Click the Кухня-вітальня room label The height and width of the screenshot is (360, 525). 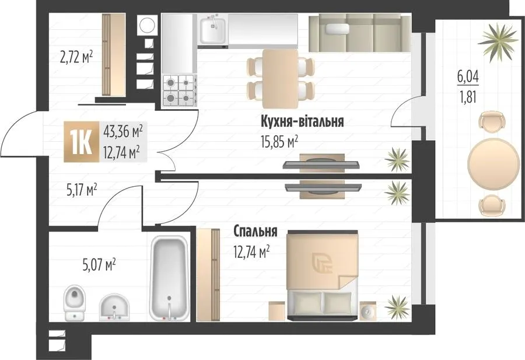coord(302,121)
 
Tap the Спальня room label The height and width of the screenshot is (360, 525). coord(255,231)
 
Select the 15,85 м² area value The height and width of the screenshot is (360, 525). coord(279,142)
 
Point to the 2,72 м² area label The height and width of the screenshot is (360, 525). coord(76,57)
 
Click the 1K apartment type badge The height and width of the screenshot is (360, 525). coord(81,142)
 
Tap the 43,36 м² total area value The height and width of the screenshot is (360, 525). coord(123,131)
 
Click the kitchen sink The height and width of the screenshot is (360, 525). coord(212,30)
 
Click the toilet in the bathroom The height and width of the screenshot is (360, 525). coord(75,303)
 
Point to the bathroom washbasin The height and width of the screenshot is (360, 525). coord(114,307)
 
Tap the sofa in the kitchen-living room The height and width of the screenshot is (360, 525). coord(359,33)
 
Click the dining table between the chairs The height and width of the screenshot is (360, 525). coord(280,79)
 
